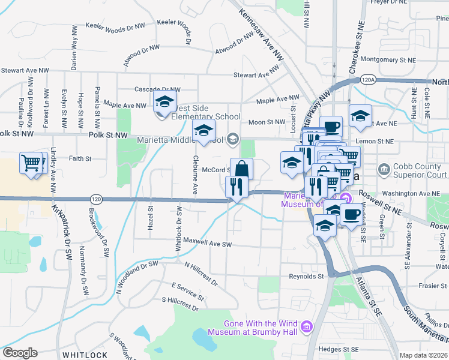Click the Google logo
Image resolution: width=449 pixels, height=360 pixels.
[x=20, y=353]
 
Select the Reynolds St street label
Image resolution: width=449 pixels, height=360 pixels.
[x=306, y=277]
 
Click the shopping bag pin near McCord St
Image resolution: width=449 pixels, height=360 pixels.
[x=241, y=169]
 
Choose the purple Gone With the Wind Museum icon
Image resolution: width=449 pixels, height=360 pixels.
[x=307, y=326]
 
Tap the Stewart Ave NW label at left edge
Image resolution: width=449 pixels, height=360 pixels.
[x=25, y=71]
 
